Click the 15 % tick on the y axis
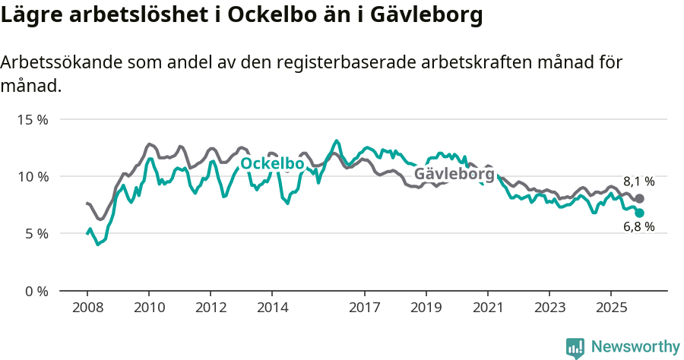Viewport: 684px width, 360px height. coord(33,120)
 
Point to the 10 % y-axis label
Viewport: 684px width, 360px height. coord(33,177)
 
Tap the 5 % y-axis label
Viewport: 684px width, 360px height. coord(36,234)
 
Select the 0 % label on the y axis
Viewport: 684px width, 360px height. coord(36,291)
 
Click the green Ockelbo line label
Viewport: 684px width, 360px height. coord(272,164)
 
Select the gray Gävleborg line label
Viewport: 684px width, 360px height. coord(454,175)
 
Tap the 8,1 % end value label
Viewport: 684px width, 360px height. coord(638,182)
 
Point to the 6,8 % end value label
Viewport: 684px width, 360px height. coord(638,227)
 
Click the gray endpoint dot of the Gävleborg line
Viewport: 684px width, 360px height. coord(639,198)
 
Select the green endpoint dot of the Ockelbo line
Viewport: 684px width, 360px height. coord(639,213)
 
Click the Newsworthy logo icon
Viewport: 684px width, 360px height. coord(575,347)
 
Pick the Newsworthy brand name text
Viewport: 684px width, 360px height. coord(635,347)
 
